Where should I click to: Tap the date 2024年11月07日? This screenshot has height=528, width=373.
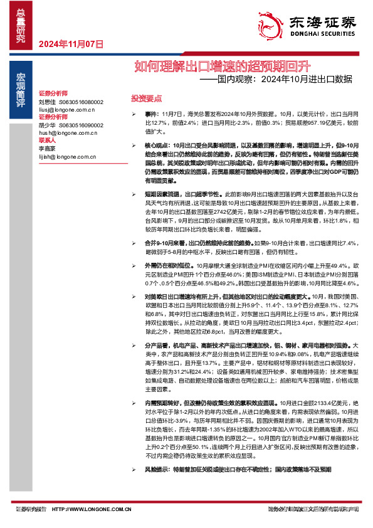pos(70,44)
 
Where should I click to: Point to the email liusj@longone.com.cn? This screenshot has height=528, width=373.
pos(66,110)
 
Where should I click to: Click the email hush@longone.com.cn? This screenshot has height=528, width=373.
pos(66,134)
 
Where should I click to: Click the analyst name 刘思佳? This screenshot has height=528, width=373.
pos(47,102)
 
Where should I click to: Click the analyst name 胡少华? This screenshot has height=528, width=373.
pos(47,125)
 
